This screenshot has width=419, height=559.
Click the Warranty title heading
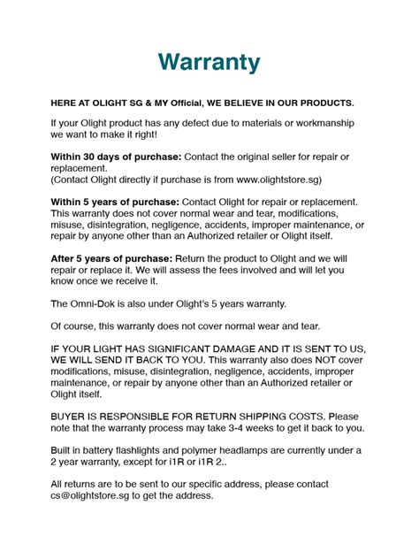coord(209,62)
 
